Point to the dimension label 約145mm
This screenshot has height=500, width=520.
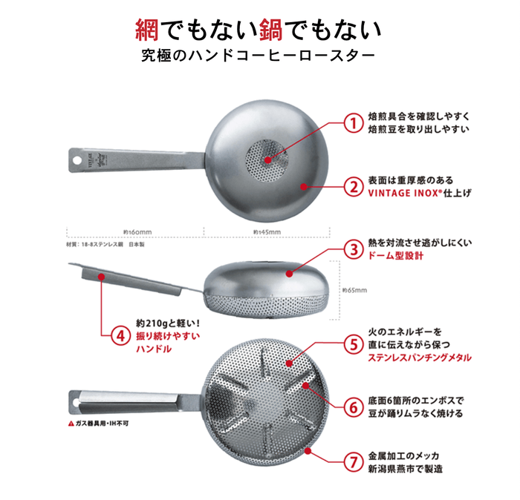[x=266, y=231]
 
